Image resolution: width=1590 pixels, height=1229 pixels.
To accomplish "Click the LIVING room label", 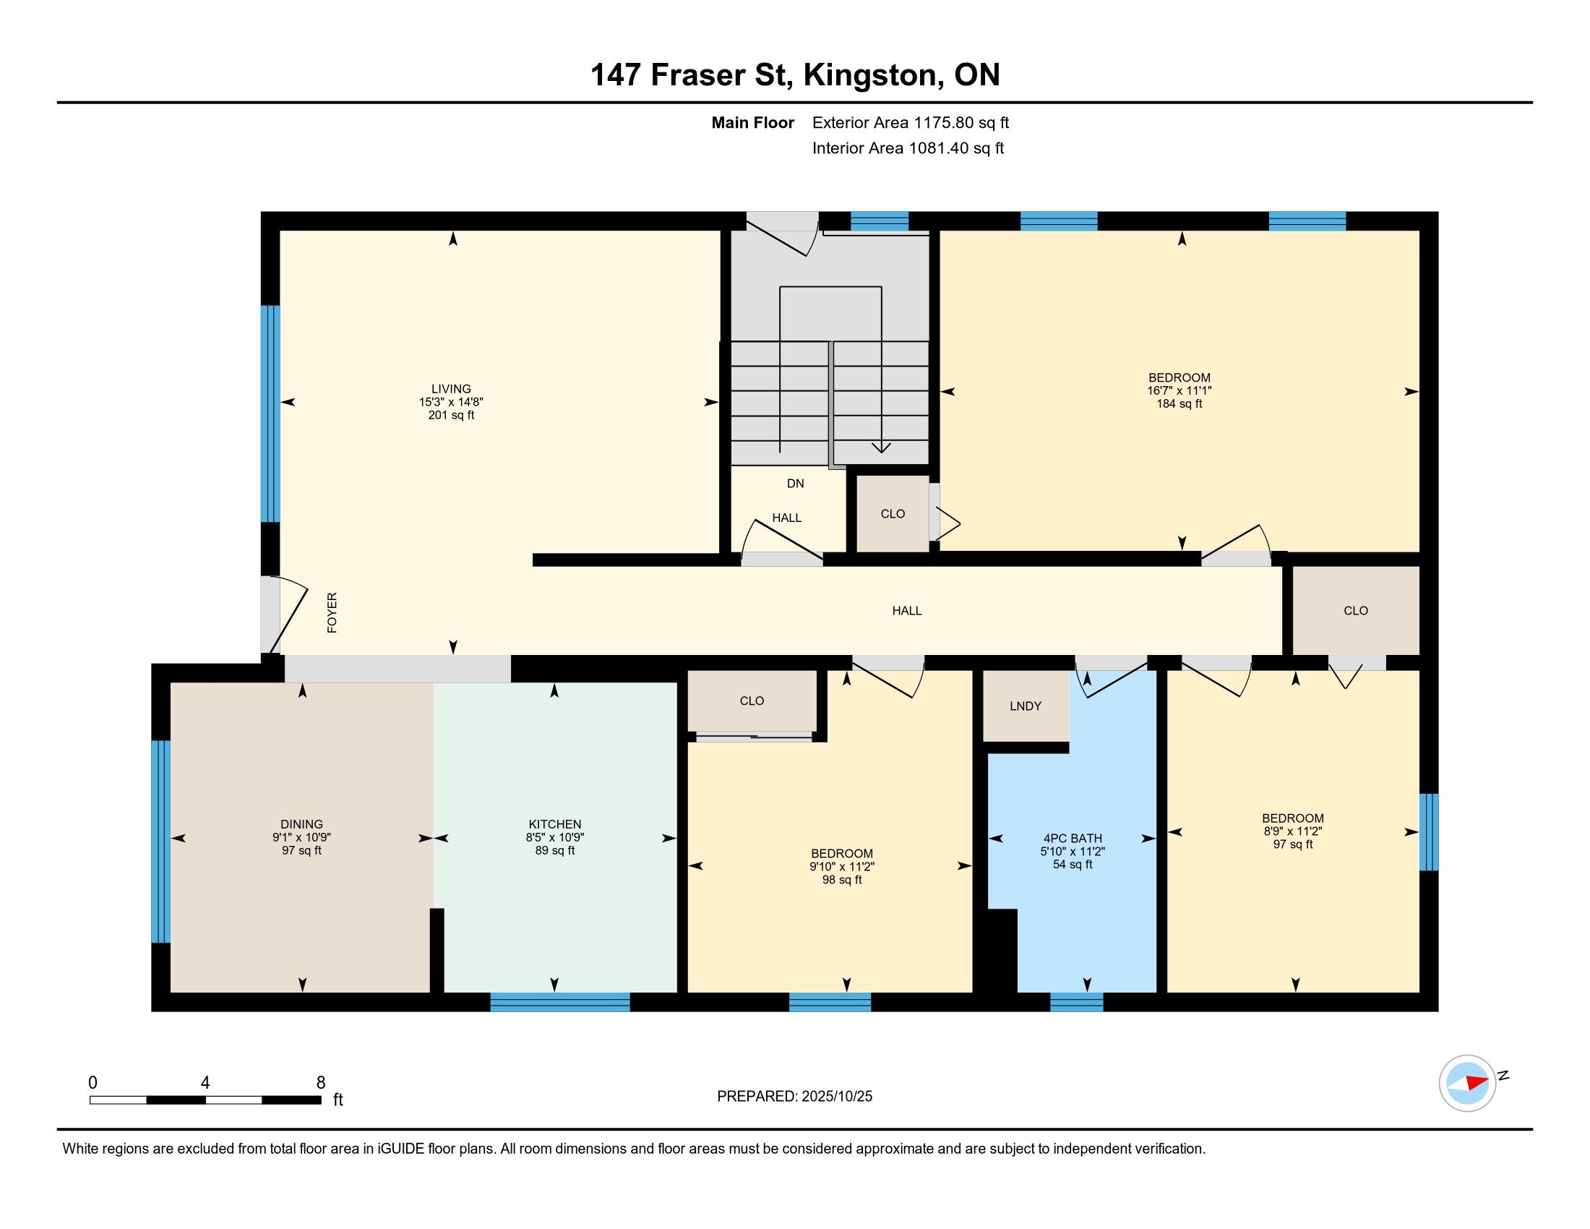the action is [x=452, y=389].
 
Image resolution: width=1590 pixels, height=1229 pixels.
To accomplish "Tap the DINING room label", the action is [x=301, y=824].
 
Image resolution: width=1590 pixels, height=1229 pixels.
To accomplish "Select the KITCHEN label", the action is [x=555, y=824].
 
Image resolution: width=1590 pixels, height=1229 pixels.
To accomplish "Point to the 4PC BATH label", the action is [x=1073, y=838].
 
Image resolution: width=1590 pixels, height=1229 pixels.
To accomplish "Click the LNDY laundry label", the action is [x=1026, y=706].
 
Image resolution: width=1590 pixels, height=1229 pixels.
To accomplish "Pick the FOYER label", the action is [x=332, y=612].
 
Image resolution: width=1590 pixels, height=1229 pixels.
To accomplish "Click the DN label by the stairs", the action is [x=796, y=484].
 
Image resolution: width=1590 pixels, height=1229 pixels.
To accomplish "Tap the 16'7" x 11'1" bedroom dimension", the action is [x=1179, y=390].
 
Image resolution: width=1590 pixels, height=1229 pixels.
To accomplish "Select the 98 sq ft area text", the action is [x=841, y=880].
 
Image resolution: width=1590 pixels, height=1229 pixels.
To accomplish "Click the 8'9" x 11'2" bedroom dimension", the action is [x=1293, y=831].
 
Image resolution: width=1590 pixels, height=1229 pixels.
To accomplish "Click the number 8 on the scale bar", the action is [x=321, y=1083].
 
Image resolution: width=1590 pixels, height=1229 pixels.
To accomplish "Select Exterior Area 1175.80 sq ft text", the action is [x=911, y=123].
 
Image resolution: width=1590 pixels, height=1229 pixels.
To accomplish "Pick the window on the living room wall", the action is [x=270, y=414].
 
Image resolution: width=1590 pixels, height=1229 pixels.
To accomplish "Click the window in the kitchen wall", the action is [x=560, y=1003].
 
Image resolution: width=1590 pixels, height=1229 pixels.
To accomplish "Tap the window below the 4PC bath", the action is [x=1077, y=1003].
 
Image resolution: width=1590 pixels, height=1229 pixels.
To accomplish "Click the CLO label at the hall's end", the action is [x=1356, y=611].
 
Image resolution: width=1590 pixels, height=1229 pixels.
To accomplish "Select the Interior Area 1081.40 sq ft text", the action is [x=908, y=148].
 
